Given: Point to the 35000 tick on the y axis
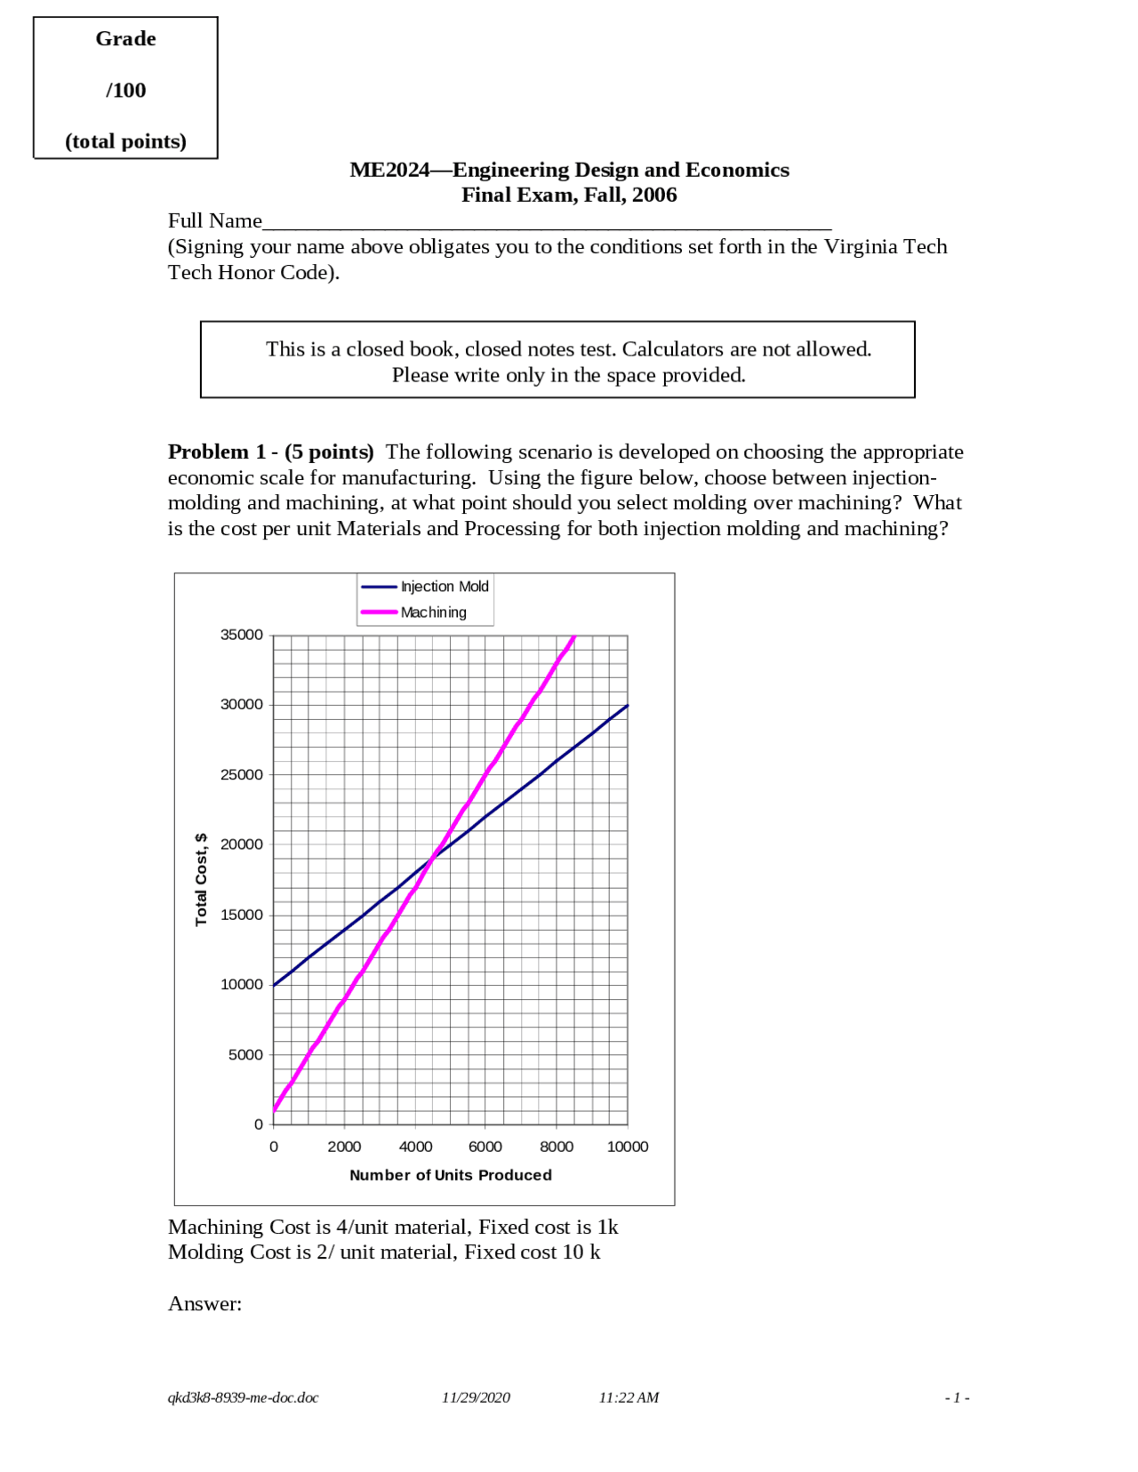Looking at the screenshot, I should [x=242, y=635].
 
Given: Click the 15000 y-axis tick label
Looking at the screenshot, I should [x=242, y=915].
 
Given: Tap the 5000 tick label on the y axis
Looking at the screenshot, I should [x=245, y=1055].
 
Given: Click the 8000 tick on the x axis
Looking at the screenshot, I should [x=557, y=1147].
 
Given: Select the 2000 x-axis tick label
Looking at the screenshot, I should [x=344, y=1147].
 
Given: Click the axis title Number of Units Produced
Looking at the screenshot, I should [x=451, y=1175].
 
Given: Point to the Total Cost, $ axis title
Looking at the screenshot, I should [x=201, y=880].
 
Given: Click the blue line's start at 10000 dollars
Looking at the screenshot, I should [x=274, y=985].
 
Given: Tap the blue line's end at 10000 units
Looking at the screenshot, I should [x=628, y=705].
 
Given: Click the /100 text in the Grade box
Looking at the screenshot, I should [x=125, y=91].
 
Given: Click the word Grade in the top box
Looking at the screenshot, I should [x=125, y=39].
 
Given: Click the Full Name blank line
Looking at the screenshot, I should [x=547, y=222].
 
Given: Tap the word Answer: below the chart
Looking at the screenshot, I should [x=204, y=1304].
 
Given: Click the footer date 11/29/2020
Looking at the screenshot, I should [x=476, y=1397].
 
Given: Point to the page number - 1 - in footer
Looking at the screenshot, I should [x=957, y=1398].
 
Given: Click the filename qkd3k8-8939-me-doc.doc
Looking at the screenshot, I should [x=243, y=1397].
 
